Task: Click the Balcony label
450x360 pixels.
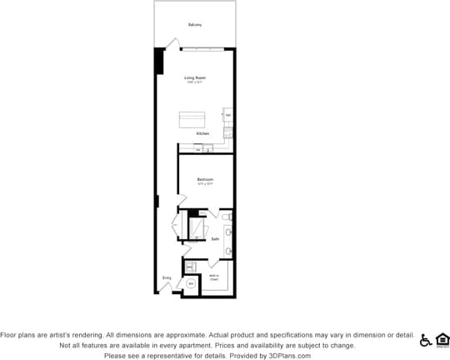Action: pyautogui.click(x=195, y=24)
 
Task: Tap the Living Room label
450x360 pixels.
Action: pyautogui.click(x=195, y=77)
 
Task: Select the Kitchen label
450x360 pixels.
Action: pyautogui.click(x=202, y=133)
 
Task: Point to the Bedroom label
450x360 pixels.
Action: pyautogui.click(x=205, y=179)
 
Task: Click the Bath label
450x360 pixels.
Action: pyautogui.click(x=215, y=238)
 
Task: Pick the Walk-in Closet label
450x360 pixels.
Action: pyautogui.click(x=214, y=277)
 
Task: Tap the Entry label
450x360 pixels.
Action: pyautogui.click(x=167, y=278)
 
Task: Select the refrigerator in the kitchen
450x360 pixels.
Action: pyautogui.click(x=227, y=114)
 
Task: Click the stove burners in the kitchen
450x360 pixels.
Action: pyautogui.click(x=227, y=132)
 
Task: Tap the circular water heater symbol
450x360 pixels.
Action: pyautogui.click(x=190, y=283)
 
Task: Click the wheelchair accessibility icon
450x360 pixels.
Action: pyautogui.click(x=426, y=339)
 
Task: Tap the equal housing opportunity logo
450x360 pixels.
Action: pyautogui.click(x=442, y=339)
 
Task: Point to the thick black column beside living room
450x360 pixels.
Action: pyautogui.click(x=158, y=61)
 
